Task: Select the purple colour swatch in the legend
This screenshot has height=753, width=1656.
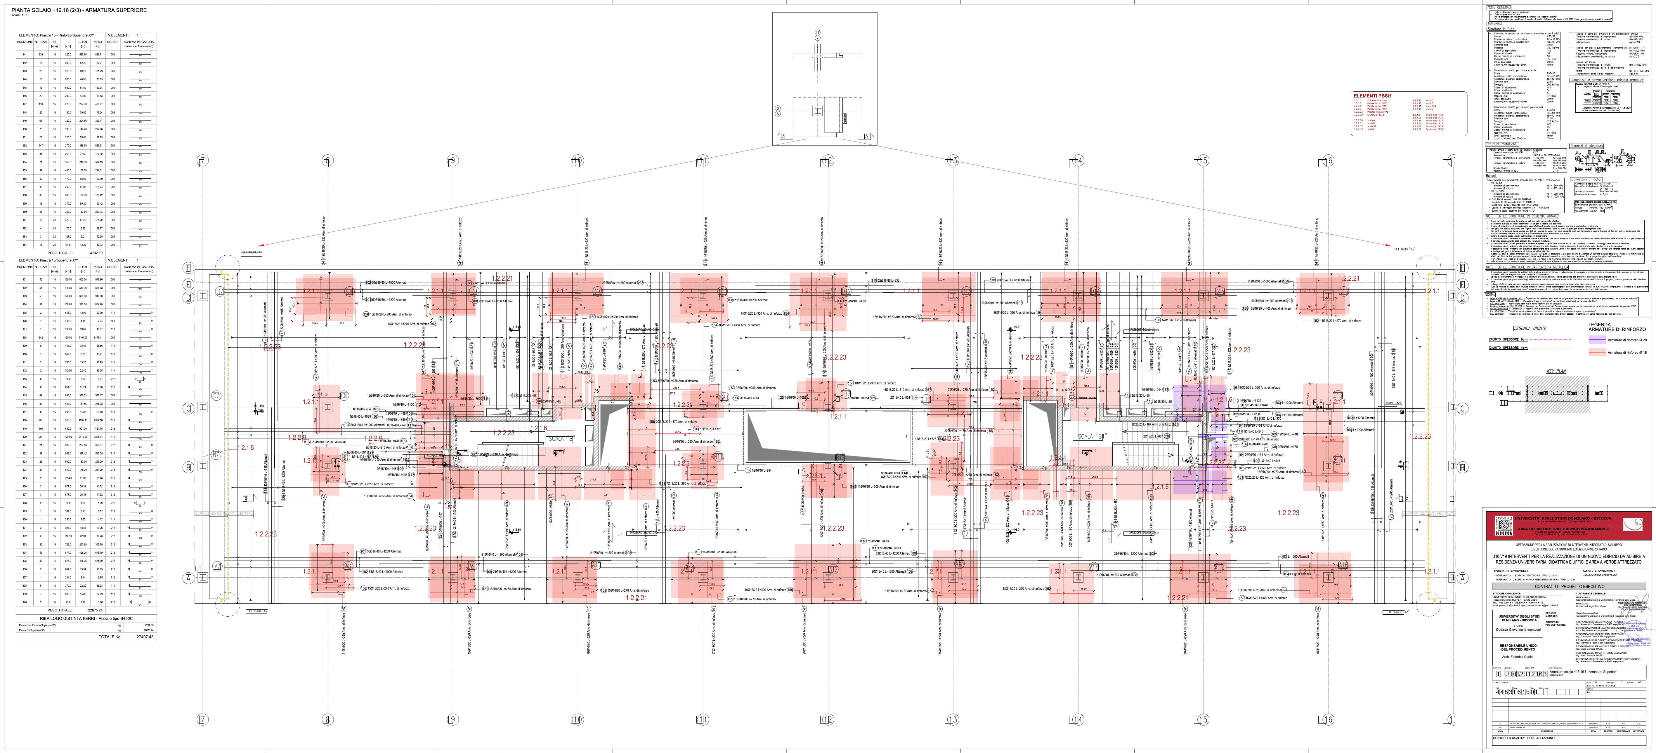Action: (x=1597, y=339)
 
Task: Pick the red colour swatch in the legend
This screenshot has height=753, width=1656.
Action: (x=1597, y=352)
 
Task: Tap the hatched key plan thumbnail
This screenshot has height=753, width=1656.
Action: (x=1557, y=394)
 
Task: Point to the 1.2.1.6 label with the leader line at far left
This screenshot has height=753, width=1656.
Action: (x=245, y=448)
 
